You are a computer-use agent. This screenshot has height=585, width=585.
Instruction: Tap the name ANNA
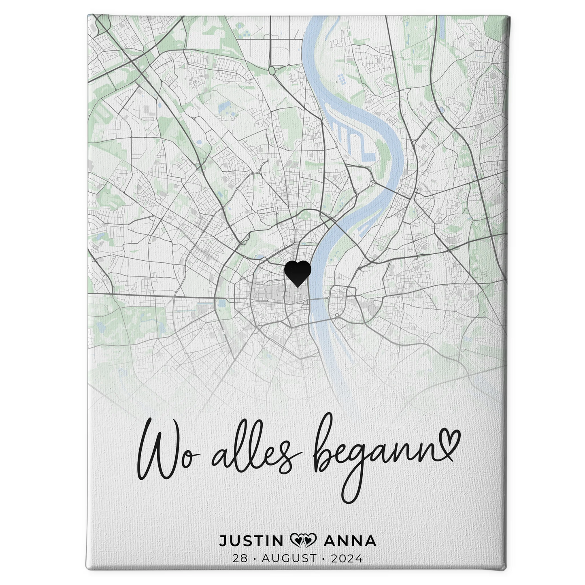click(x=351, y=541)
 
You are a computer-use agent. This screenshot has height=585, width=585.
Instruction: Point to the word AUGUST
click(x=289, y=558)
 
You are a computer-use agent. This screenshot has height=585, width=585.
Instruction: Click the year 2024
click(x=347, y=558)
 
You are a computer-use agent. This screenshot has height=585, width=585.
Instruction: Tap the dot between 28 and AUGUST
click(x=254, y=558)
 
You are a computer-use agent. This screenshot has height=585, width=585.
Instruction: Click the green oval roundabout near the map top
click(x=272, y=70)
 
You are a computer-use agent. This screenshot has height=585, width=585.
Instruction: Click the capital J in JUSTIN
click(x=223, y=541)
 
